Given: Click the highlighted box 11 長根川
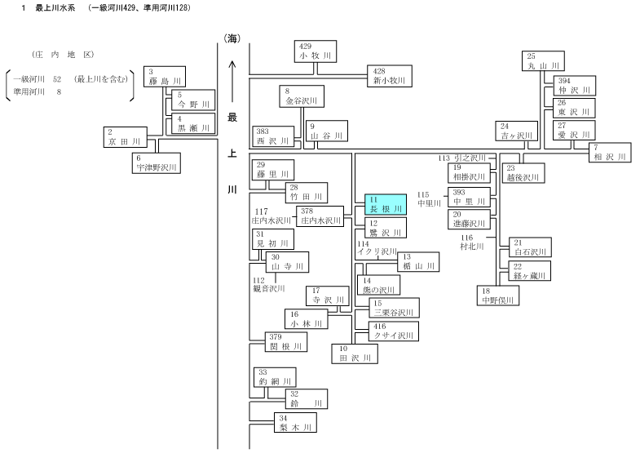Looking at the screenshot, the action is click(386, 205).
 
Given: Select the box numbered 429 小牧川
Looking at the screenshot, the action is click(316, 51).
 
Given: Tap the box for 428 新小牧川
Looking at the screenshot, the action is click(390, 76).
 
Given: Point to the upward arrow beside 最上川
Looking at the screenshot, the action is click(232, 82).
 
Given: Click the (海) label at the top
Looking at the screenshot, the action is click(232, 38).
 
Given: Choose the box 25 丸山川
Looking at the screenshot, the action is click(543, 61).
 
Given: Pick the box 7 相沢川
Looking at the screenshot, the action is click(610, 153).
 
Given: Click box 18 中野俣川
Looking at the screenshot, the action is click(498, 296).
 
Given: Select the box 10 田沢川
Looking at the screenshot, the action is click(355, 354).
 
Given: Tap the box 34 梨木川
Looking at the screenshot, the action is click(295, 423).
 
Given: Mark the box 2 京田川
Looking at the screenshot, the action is click(126, 137).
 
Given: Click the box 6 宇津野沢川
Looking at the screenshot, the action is click(157, 163).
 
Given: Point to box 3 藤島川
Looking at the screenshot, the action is click(165, 77).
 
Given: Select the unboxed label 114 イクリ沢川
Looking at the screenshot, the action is click(377, 247).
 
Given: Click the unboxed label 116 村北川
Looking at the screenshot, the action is click(472, 242).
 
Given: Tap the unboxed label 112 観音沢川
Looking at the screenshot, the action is click(269, 284).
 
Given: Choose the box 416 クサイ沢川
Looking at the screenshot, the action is click(394, 331).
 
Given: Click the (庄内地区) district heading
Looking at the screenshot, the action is click(63, 55).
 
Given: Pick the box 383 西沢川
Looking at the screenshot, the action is click(273, 136).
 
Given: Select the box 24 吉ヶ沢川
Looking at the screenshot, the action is click(516, 131).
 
